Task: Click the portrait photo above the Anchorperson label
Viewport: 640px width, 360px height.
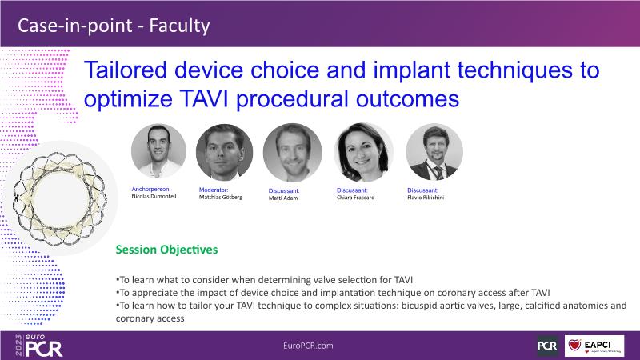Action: tap(158, 151)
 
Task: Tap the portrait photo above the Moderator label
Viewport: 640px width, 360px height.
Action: tap(224, 152)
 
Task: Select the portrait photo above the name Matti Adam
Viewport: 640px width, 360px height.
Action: tap(292, 153)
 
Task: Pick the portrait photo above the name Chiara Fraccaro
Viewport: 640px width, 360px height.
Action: tap(363, 152)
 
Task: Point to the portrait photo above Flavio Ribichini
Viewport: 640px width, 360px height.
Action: tap(434, 152)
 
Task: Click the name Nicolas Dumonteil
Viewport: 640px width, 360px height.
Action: tap(154, 196)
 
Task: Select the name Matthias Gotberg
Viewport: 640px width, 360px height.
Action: tap(221, 197)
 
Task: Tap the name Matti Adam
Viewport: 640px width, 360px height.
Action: tap(283, 198)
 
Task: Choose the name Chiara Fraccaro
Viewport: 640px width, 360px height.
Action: tap(355, 198)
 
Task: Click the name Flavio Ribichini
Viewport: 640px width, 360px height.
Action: tap(426, 198)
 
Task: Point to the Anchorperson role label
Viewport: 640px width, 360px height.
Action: tap(151, 190)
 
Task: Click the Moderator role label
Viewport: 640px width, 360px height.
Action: tap(214, 190)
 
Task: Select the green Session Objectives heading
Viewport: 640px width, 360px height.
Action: tap(166, 250)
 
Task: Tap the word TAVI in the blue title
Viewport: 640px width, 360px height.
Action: tap(204, 99)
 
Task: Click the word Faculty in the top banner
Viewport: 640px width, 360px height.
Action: tap(179, 26)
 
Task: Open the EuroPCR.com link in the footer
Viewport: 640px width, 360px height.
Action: tap(308, 346)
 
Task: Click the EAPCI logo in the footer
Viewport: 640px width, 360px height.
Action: tap(594, 346)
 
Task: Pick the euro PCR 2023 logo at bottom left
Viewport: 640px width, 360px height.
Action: tap(38, 346)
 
